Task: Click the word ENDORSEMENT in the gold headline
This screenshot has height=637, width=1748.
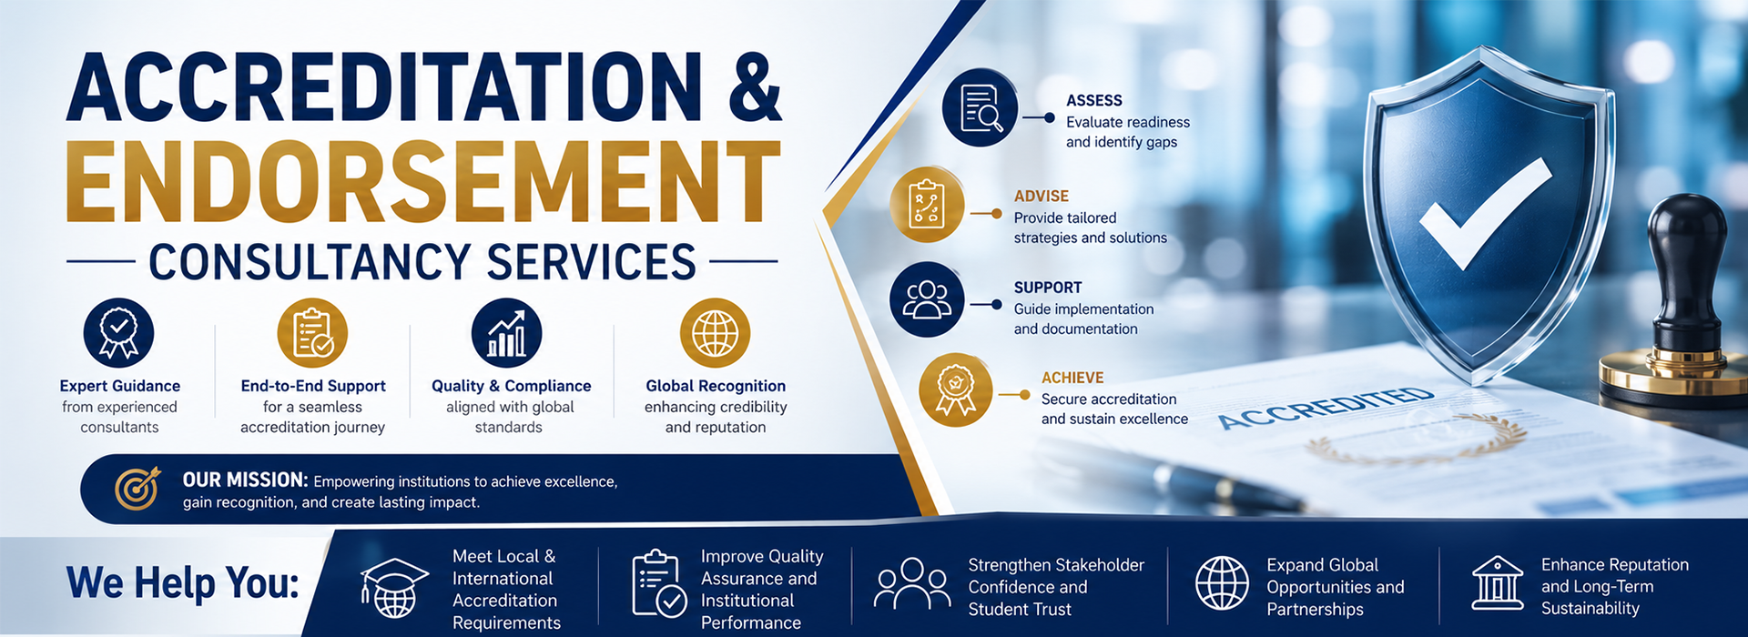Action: click(x=423, y=182)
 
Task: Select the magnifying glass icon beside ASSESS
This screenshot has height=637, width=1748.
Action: click(x=980, y=110)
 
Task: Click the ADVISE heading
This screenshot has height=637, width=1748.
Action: click(x=1042, y=196)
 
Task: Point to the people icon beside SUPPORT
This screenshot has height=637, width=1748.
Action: click(x=927, y=299)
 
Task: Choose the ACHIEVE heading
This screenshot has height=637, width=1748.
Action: click(x=1072, y=378)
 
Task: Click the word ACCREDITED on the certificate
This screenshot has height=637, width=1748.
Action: click(x=1326, y=408)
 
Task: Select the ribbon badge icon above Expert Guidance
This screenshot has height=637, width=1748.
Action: click(x=119, y=333)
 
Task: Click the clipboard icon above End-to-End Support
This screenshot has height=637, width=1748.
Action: click(x=312, y=333)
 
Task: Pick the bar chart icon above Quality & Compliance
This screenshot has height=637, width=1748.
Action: click(x=507, y=333)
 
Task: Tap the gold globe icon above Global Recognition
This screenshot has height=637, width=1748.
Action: click(x=716, y=333)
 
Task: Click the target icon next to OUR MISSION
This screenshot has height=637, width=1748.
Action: click(x=137, y=489)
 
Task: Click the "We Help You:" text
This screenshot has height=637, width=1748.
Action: click(x=183, y=582)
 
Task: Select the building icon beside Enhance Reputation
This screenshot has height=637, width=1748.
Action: click(x=1498, y=583)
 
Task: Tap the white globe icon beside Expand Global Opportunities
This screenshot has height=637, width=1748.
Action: click(x=1222, y=583)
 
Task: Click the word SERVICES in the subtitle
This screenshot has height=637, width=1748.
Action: click(x=592, y=262)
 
